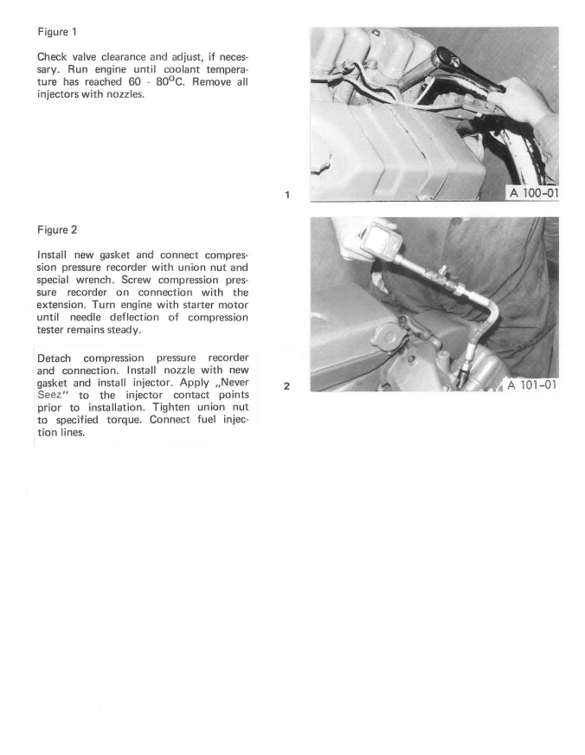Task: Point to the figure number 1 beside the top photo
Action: [x=286, y=195]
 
